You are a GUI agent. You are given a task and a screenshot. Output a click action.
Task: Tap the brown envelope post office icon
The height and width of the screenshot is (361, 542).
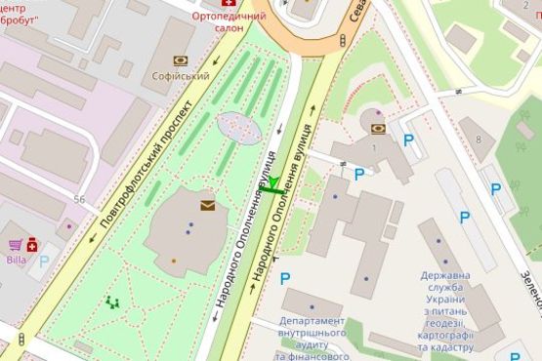pos(207,205)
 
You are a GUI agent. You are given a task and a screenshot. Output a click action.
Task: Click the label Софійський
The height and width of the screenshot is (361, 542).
pos(180,74)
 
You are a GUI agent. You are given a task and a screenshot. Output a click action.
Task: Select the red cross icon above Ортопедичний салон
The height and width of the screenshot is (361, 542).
pos(229,4)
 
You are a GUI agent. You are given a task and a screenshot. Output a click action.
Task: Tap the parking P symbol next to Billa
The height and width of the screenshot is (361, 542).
pos(44,261)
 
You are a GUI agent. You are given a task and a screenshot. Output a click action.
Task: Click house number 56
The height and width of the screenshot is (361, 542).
pos(78,200)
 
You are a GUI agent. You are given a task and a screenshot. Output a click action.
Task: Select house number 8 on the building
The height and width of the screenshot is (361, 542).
pos(478,140)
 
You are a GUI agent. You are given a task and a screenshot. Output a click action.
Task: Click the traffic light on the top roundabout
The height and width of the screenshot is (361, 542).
pos(343,40)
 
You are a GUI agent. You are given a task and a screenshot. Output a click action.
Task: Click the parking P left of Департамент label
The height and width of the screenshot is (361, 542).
pos(285,279)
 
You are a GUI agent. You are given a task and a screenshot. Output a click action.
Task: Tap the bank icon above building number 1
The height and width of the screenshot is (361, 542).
pos(378,128)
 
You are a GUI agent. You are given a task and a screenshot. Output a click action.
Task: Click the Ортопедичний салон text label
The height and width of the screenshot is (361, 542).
pos(229,23)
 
